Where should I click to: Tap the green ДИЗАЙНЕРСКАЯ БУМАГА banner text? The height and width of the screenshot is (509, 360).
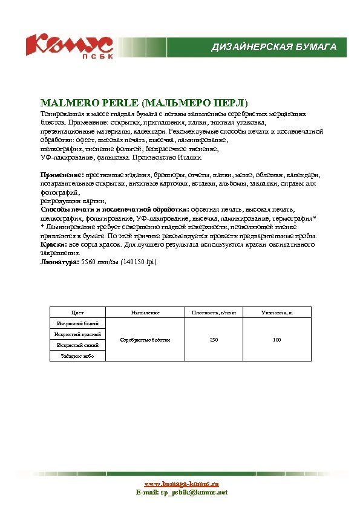pos(273,47)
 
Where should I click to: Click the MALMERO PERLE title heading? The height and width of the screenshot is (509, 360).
pos(144,102)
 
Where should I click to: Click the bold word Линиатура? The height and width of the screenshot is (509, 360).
pos(59,263)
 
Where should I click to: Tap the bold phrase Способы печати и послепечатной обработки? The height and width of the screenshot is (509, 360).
pos(114,209)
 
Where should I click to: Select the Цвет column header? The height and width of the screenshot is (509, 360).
pos(77,313)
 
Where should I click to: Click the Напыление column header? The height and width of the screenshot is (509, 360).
pos(145,313)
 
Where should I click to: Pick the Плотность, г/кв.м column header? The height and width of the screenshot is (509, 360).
pos(214,313)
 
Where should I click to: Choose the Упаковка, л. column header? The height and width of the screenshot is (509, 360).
pos(277,313)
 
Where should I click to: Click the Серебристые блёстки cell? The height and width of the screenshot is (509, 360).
pos(145,340)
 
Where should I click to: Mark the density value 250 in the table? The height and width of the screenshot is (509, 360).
pos(214,340)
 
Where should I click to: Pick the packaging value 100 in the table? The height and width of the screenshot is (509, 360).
pos(277,340)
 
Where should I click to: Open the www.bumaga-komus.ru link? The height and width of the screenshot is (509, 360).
pos(181,484)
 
